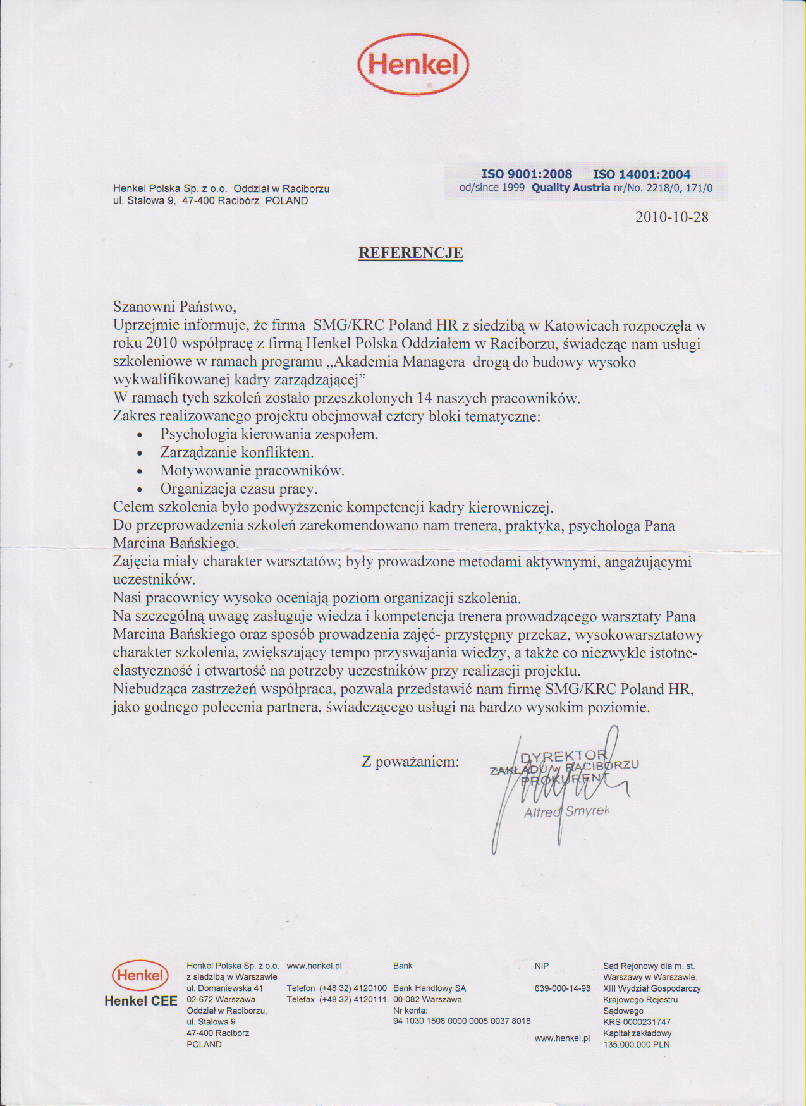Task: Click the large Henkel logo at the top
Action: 413,64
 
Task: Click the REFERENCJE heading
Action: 411,253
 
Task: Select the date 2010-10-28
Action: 671,217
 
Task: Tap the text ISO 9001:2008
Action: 527,174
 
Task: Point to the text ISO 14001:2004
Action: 642,174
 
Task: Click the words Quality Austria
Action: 570,188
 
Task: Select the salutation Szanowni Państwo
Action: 174,307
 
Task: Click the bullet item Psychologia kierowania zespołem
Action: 269,434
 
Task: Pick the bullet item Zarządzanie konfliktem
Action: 236,453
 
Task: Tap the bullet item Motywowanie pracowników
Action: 252,471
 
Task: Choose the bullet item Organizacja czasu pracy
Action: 238,489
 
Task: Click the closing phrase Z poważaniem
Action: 410,762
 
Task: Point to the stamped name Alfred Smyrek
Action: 566,811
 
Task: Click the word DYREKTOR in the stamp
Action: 563,756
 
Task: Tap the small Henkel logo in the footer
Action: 140,975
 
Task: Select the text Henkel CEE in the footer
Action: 140,1001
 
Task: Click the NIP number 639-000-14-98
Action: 562,988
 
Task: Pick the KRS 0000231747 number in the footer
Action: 637,1022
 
